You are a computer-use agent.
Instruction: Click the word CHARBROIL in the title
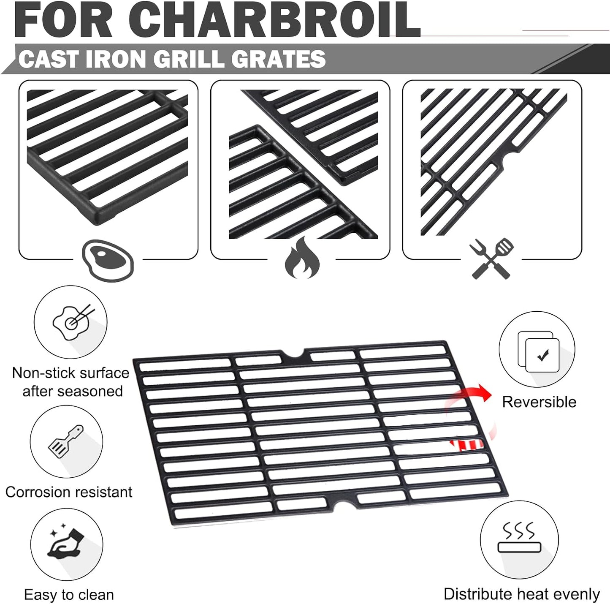click(279, 19)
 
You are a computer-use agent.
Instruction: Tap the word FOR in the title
click(63, 19)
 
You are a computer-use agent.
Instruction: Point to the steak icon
click(108, 260)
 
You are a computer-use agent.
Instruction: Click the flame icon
click(302, 258)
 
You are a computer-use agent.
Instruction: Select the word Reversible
click(539, 402)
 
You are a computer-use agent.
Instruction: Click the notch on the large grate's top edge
click(293, 354)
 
